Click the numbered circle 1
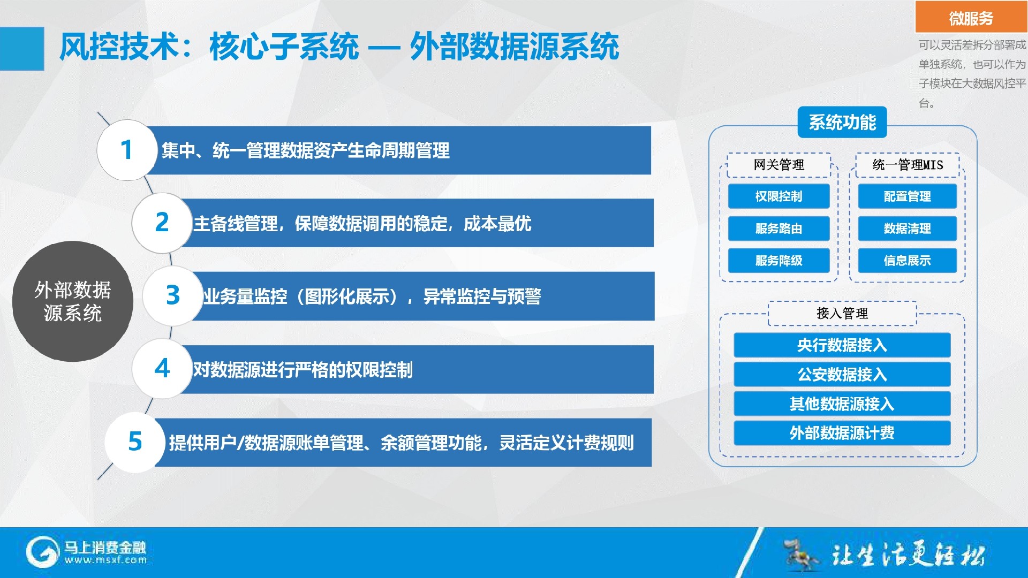pos(127,150)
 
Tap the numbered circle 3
pos(172,295)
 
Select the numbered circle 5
pos(135,442)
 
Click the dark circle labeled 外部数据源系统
pos(73,301)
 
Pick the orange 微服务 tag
pos(971,18)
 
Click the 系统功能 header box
pos(842,123)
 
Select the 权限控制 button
pos(778,196)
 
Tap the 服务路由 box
pos(778,229)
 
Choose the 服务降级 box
pos(778,261)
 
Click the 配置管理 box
pos(907,196)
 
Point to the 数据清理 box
pos(907,229)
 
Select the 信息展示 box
pos(907,261)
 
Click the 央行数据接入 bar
pos(842,345)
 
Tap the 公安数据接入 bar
pos(842,374)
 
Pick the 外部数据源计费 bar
pos(842,433)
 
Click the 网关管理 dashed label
pos(778,165)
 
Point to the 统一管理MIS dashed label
pos(908,165)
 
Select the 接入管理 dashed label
pos(842,314)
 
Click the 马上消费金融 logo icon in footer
pos(42,552)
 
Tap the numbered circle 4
pos(162,369)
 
